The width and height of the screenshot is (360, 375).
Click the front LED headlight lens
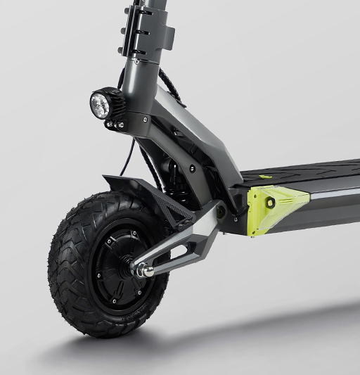98,105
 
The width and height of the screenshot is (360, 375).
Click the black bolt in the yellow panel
271,203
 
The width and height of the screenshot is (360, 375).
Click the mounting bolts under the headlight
114,125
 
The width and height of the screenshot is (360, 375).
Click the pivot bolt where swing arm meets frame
220,209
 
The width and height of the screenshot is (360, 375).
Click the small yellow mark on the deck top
265,177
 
